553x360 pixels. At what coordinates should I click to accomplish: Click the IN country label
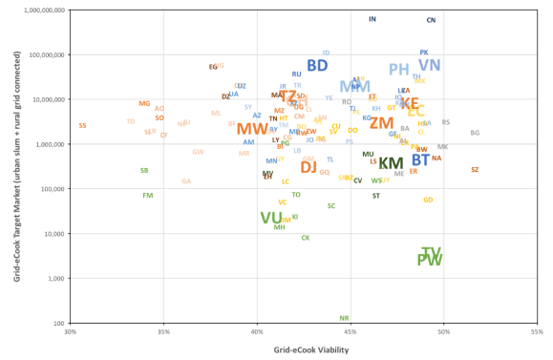pos(372,19)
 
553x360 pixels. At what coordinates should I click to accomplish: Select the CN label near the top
pos(431,20)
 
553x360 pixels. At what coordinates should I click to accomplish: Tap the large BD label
pos(317,66)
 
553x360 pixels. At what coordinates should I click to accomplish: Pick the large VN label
pos(430,66)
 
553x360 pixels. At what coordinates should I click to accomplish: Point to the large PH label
pos(399,70)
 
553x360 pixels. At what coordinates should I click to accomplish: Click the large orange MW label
pos(252,129)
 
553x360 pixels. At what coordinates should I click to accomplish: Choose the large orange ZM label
pos(382,124)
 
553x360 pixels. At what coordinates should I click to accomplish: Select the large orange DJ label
pos(308,167)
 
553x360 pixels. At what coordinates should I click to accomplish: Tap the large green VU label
pos(271,218)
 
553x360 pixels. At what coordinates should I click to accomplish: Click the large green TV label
pos(432,253)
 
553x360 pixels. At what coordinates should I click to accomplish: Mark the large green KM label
pos(392,163)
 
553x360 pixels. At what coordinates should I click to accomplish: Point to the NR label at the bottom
pos(344,319)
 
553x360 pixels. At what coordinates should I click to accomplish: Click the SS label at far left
pos(83,126)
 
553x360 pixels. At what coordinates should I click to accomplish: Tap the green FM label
pos(148,196)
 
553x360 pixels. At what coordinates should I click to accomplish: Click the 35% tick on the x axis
pos(163,332)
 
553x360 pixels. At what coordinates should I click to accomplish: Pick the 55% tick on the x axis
pos(538,332)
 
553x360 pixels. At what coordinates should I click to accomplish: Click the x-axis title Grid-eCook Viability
pos(305,350)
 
